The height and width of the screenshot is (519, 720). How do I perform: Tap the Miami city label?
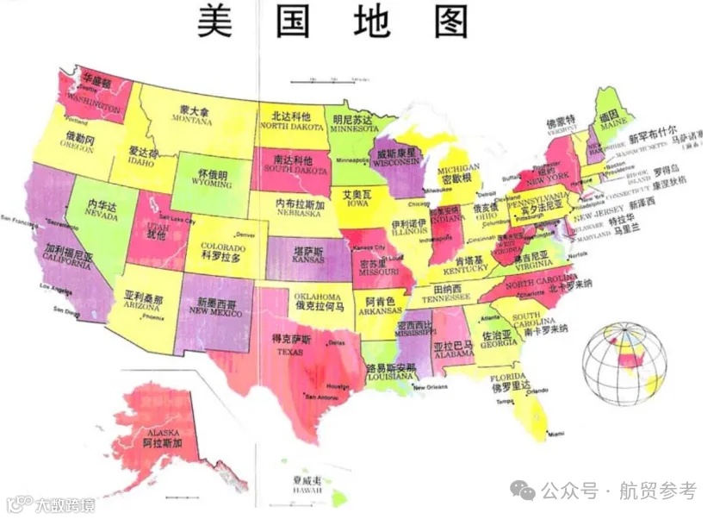click(556, 433)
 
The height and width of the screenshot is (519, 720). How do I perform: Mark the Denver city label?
click(246, 234)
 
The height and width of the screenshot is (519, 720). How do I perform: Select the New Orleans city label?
click(431, 387)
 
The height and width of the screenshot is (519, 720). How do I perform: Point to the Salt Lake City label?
click(178, 218)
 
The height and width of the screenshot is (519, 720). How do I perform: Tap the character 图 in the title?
click(450, 21)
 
